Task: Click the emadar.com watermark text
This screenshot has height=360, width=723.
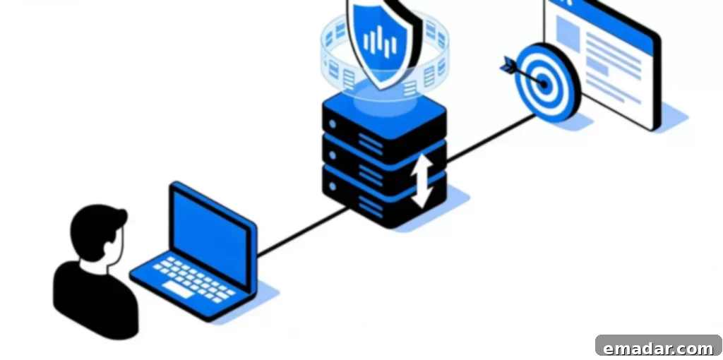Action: (x=658, y=349)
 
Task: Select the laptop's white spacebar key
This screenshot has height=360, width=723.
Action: (x=177, y=290)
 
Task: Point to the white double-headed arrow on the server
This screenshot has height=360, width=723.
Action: (x=422, y=181)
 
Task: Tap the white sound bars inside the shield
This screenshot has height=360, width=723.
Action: (x=380, y=42)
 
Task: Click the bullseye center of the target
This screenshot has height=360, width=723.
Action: (x=544, y=85)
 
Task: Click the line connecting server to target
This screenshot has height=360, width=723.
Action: (x=491, y=138)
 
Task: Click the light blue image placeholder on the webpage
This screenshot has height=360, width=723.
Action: (x=568, y=33)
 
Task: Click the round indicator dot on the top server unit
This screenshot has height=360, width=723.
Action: (x=332, y=124)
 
